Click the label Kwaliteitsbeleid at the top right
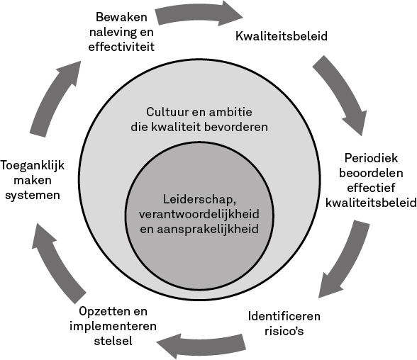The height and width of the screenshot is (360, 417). [282, 36]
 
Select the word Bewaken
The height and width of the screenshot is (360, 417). [121, 17]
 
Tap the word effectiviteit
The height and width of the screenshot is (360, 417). [121, 47]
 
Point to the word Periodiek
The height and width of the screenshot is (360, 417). [371, 158]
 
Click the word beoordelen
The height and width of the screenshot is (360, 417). [371, 173]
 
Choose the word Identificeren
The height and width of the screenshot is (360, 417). [284, 317]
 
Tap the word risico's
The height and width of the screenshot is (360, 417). [284, 332]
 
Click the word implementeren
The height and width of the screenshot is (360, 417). [113, 326]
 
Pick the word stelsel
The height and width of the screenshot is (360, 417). [113, 341]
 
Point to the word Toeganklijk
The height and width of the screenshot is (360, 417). [33, 166]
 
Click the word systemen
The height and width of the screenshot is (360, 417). [33, 196]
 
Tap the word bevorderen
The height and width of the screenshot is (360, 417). [235, 127]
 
